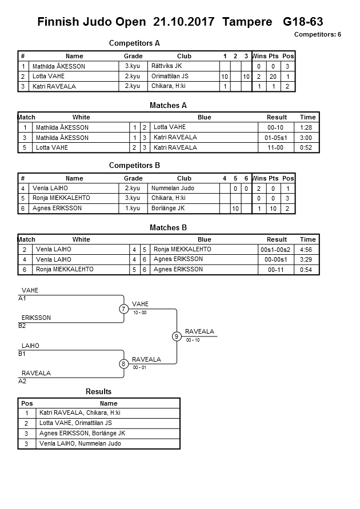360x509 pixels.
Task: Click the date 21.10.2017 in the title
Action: (x=185, y=22)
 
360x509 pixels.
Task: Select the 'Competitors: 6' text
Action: (x=317, y=34)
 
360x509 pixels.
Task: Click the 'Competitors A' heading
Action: (x=134, y=43)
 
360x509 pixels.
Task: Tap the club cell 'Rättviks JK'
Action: (x=166, y=66)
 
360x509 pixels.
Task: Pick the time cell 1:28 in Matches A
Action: (x=307, y=127)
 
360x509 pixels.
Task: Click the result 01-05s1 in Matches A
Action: (x=277, y=138)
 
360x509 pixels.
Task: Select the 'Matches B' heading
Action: (x=168, y=228)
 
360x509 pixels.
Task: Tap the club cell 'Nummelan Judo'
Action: (x=173, y=188)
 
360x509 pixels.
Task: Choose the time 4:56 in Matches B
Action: (x=307, y=250)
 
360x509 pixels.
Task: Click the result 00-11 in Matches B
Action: (x=277, y=270)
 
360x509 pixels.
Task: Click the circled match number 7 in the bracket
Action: (x=123, y=309)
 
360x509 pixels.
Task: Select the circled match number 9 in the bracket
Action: (x=177, y=336)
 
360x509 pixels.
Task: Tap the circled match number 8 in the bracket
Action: (x=123, y=364)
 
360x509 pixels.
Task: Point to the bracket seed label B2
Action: (x=22, y=326)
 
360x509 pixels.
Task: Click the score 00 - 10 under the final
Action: (x=193, y=340)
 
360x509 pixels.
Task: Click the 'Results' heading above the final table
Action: (x=98, y=391)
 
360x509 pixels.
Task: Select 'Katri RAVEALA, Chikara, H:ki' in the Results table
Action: (x=79, y=413)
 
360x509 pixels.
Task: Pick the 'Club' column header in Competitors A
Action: (x=184, y=56)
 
